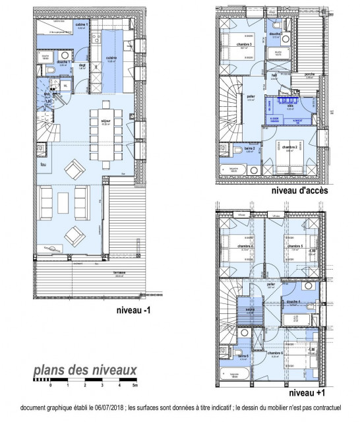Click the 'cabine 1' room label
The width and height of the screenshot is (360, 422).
(82, 25)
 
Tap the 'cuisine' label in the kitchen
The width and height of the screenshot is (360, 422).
(111, 57)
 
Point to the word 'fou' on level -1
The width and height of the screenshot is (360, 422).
(44, 164)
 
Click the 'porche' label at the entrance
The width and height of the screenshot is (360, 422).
(309, 75)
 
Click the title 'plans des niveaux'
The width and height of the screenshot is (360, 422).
(86, 369)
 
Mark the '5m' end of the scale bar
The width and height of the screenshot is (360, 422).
(135, 384)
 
